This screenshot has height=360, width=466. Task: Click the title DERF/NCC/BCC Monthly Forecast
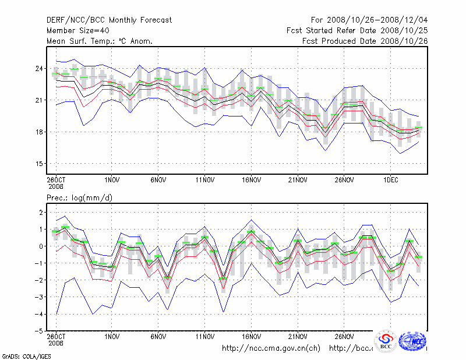point(109,20)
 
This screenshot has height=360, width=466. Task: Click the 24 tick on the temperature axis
point(37,69)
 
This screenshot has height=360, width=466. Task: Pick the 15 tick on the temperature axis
point(37,163)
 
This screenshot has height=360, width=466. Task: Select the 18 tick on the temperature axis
point(37,132)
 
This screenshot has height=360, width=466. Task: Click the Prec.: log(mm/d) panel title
point(79,198)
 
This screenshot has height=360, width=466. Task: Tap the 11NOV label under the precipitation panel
point(204,337)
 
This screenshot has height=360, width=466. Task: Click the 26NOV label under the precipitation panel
point(344,337)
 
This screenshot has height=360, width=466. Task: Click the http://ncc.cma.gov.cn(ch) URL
point(271,348)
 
